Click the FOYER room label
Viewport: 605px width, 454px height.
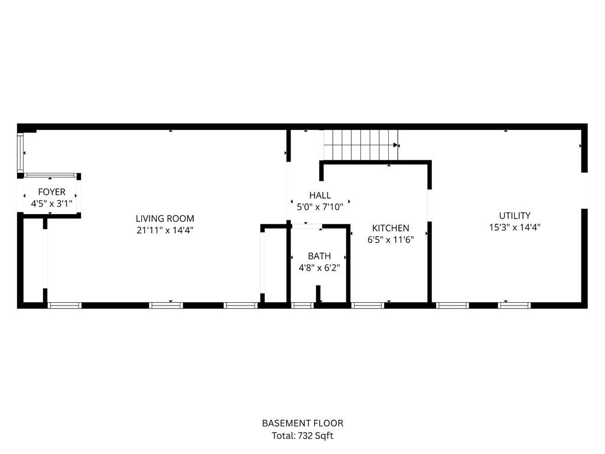pyautogui.click(x=51, y=192)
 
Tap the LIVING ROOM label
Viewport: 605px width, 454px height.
pyautogui.click(x=165, y=219)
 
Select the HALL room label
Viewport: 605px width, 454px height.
pyautogui.click(x=320, y=195)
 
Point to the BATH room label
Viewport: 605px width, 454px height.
pyautogui.click(x=319, y=256)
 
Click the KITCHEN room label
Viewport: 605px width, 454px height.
pyautogui.click(x=391, y=228)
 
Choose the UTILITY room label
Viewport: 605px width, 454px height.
pyautogui.click(x=515, y=216)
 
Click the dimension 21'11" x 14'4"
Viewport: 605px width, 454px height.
pyautogui.click(x=165, y=230)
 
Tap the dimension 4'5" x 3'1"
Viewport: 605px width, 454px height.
pyautogui.click(x=51, y=203)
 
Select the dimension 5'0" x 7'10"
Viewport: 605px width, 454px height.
pyautogui.click(x=320, y=206)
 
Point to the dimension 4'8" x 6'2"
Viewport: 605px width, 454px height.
pyautogui.click(x=319, y=267)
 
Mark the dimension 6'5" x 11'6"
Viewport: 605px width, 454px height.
pyautogui.click(x=391, y=239)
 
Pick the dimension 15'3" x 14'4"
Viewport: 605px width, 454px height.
pyautogui.click(x=515, y=227)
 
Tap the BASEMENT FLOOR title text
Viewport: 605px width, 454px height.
pyautogui.click(x=302, y=423)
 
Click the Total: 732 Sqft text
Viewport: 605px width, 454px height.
pyautogui.click(x=302, y=436)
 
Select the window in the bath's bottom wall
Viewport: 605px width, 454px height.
pyautogui.click(x=302, y=306)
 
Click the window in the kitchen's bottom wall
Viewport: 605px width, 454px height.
pyautogui.click(x=367, y=306)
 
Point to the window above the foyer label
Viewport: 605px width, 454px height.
pyautogui.click(x=50, y=175)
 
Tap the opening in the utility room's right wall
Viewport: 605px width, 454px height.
pyautogui.click(x=584, y=190)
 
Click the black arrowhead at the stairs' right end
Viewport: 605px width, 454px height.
pyautogui.click(x=396, y=145)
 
